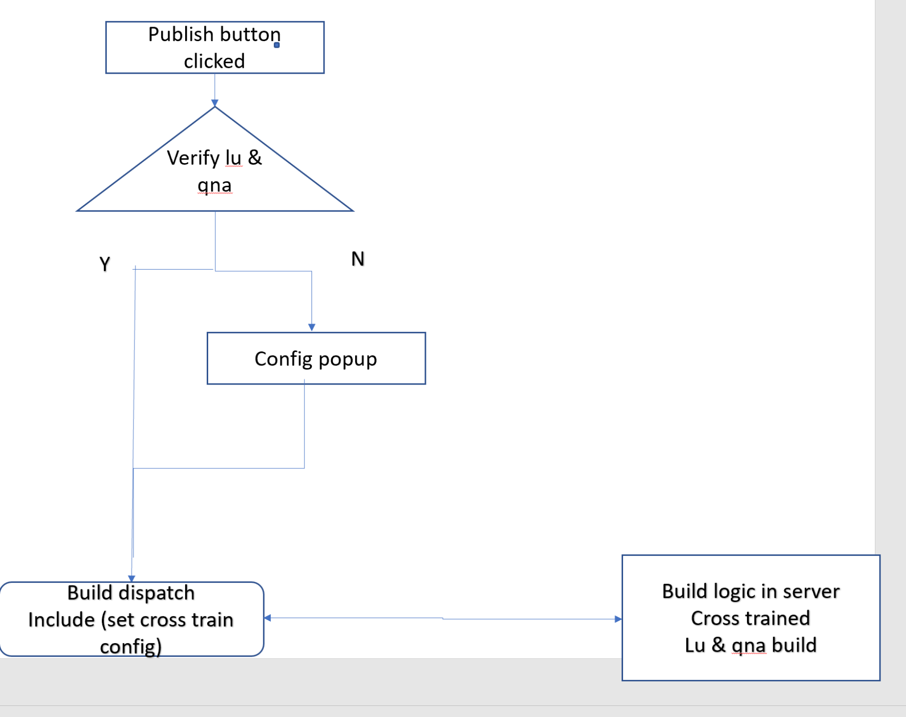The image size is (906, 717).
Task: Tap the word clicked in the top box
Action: [x=214, y=61]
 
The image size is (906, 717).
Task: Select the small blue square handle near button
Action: [x=276, y=45]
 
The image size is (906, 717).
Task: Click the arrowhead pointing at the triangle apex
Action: [x=215, y=103]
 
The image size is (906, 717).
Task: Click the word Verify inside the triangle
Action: [x=193, y=158]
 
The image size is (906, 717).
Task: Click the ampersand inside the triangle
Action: [x=255, y=158]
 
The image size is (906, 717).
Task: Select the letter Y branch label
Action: [x=104, y=264]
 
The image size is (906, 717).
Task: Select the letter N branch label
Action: [x=358, y=259]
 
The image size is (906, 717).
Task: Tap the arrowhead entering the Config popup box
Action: [x=312, y=327]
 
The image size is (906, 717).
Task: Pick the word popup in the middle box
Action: [x=347, y=360]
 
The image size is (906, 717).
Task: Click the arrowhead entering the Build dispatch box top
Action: [x=131, y=578]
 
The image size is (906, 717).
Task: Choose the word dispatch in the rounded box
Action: [x=156, y=593]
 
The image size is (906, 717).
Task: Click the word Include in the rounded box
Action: [x=61, y=620]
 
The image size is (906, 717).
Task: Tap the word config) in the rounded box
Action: [x=130, y=646]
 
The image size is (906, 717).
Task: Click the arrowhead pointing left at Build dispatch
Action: [x=267, y=618]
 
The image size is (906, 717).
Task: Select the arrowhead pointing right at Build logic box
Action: [x=618, y=619]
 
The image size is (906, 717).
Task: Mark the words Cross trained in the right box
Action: [x=750, y=618]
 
